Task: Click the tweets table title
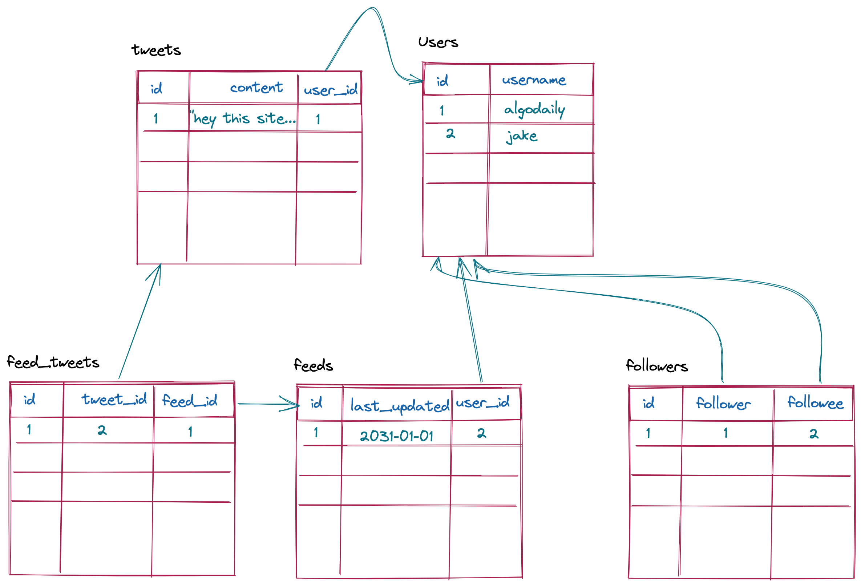click(156, 50)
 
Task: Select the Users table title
click(438, 42)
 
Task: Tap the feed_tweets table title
click(53, 362)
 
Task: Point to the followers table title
click(656, 366)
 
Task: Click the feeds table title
click(313, 365)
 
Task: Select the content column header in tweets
click(256, 88)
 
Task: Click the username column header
click(534, 80)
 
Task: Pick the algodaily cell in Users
click(534, 109)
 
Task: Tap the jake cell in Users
click(522, 136)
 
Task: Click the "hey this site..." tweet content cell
click(244, 119)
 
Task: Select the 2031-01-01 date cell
click(396, 436)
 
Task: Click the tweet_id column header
click(114, 400)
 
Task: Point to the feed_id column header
click(190, 401)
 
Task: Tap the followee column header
click(815, 403)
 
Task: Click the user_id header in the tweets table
click(331, 90)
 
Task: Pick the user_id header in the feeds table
click(482, 402)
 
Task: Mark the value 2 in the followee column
click(813, 434)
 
